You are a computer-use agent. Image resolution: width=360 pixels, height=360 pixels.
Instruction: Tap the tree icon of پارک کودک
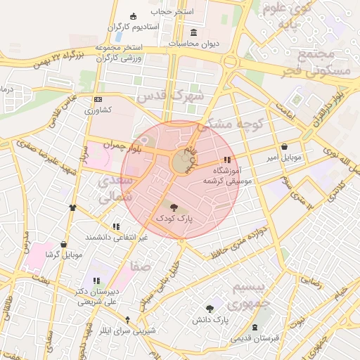tap(174, 207)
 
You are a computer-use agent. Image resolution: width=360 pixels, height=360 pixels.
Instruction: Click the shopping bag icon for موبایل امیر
tap(284, 147)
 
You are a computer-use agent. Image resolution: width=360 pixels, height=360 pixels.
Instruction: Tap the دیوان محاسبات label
tap(194, 44)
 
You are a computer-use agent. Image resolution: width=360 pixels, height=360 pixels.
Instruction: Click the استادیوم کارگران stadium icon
tap(134, 17)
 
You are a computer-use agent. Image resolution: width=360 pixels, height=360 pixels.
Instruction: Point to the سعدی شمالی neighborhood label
tap(117, 189)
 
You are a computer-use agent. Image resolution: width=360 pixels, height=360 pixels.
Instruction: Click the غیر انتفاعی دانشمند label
tap(117, 238)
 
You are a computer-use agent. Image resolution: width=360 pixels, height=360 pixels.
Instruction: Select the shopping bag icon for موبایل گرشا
tap(64, 244)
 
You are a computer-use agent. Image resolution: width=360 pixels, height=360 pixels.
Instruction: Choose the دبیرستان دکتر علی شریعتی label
tap(97, 296)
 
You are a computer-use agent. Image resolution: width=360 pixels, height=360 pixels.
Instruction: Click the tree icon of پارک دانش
tap(210, 309)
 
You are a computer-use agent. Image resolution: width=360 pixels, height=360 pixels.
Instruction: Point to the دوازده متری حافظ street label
tap(233, 243)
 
